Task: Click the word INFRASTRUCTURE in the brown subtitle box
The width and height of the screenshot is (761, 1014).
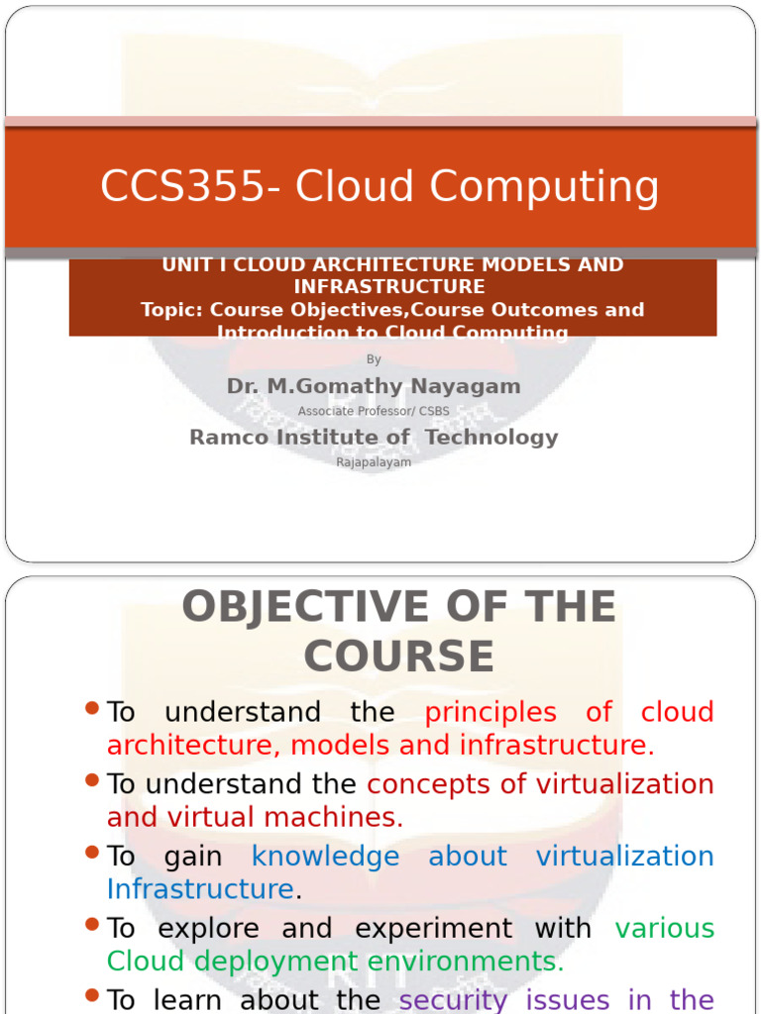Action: click(389, 287)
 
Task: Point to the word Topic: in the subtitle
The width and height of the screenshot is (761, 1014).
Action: click(171, 310)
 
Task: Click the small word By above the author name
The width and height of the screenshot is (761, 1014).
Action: click(374, 359)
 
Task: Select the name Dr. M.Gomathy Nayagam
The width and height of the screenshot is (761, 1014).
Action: click(374, 386)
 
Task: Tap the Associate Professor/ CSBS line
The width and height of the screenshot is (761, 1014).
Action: click(374, 411)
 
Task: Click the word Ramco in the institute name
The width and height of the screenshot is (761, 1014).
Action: click(228, 437)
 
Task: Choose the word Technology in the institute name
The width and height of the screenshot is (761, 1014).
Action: click(491, 437)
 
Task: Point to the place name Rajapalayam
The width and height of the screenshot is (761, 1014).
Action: click(374, 462)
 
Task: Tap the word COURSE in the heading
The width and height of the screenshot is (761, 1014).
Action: click(398, 657)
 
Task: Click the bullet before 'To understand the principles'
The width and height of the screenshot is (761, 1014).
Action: click(93, 708)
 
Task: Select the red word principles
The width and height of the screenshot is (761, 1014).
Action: click(490, 712)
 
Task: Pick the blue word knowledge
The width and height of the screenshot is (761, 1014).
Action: click(325, 857)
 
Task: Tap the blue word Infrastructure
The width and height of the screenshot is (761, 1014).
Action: click(200, 889)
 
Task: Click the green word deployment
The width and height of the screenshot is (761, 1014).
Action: click(275, 961)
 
